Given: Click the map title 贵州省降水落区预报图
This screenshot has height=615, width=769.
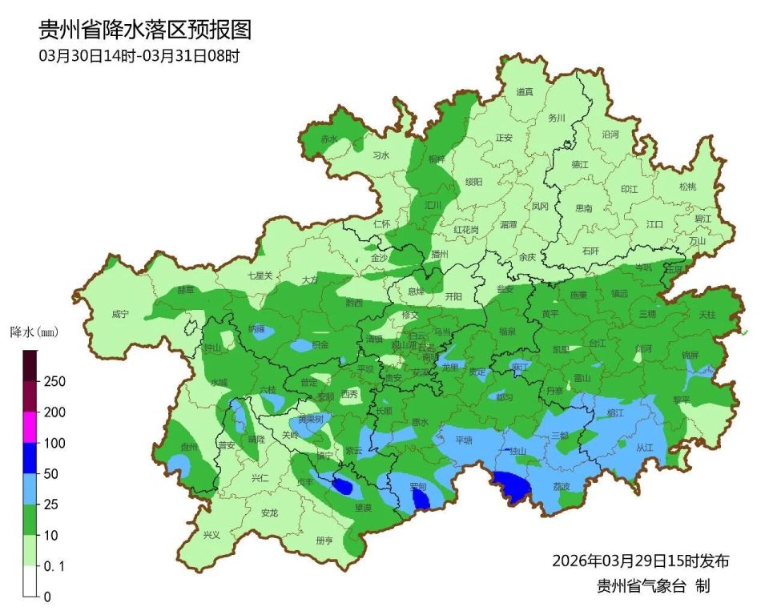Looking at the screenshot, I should point(145,30).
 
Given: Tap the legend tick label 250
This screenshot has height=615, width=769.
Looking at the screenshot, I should point(54,382).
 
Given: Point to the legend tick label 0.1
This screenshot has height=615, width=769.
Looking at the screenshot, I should point(54,566).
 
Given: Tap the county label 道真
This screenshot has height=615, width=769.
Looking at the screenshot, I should point(525,92).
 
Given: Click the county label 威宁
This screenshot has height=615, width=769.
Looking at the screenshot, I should point(120,315).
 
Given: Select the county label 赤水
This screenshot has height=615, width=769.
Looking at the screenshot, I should point(329,139).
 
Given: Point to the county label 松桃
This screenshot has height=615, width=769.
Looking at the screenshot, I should point(687,187).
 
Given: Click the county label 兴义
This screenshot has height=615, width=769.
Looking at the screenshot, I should point(211,535).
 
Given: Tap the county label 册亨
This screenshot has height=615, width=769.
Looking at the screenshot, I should point(324,541).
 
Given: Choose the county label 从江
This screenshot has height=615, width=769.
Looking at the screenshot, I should point(645,448).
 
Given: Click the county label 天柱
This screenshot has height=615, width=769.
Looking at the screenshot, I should point(707,315).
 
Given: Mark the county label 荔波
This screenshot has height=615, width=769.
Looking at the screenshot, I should point(562,486).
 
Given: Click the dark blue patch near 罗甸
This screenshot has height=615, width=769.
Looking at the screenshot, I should point(421,499).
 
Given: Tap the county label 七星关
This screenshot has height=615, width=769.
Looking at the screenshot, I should point(260,275).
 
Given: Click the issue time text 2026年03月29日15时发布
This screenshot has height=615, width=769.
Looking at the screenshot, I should point(640,560).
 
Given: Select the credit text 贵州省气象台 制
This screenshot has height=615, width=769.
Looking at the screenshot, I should point(653,586).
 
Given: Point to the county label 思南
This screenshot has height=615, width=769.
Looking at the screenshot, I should point(584,208).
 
